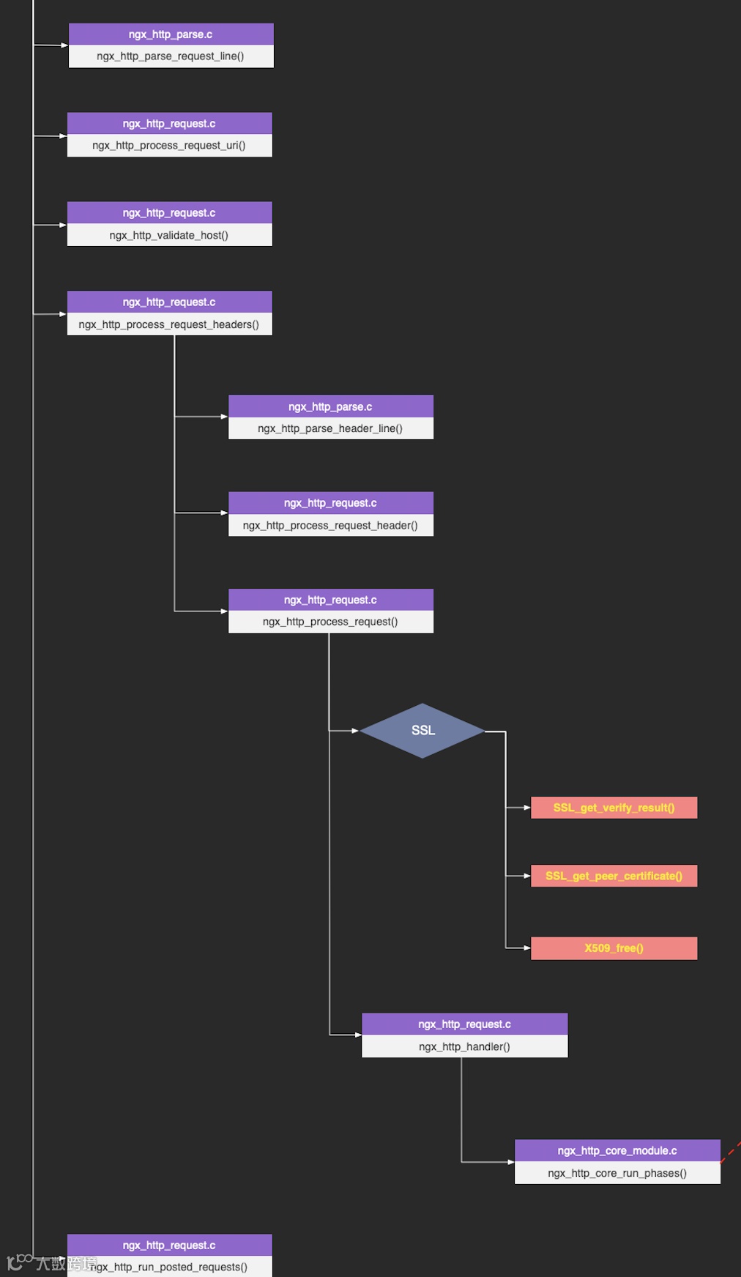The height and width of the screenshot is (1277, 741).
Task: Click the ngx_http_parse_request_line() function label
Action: click(170, 56)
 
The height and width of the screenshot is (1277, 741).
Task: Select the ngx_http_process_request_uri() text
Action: click(168, 146)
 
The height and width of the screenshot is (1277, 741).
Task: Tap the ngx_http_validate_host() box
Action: click(168, 235)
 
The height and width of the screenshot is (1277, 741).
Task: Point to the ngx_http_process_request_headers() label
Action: click(168, 324)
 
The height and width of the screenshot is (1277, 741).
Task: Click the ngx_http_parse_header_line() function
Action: click(330, 428)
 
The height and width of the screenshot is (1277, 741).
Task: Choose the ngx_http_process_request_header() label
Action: click(330, 525)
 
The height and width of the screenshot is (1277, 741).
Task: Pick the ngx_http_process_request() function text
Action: click(330, 622)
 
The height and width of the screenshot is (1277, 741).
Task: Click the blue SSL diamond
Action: click(422, 731)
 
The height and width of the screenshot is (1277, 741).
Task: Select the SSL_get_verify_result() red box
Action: click(614, 808)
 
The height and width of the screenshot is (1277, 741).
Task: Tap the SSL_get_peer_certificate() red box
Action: click(614, 876)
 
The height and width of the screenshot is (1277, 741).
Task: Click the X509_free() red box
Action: click(614, 948)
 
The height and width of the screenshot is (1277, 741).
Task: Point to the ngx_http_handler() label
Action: click(464, 1046)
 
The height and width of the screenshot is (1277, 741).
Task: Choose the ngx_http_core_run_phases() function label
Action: click(617, 1173)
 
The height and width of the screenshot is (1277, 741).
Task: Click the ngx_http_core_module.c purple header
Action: click(617, 1150)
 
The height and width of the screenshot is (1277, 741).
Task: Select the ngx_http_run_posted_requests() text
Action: click(170, 1267)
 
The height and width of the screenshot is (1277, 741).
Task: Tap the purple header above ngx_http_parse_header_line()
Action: click(330, 406)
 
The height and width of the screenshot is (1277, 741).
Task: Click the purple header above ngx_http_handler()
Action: click(464, 1024)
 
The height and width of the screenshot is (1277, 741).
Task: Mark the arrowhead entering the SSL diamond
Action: click(355, 731)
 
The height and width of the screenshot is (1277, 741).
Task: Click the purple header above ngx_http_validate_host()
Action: click(168, 212)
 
